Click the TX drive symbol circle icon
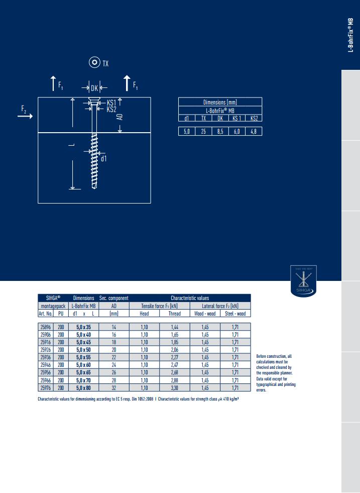tap(94, 62)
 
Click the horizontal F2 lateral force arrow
tap(25, 116)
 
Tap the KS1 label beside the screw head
tap(111, 103)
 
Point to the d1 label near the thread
tap(103, 159)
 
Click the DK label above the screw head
tap(94, 88)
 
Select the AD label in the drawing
tap(119, 117)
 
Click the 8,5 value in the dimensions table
tap(220, 132)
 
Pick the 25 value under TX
tap(203, 132)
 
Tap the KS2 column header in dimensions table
tap(254, 118)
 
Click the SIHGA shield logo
tap(303, 281)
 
